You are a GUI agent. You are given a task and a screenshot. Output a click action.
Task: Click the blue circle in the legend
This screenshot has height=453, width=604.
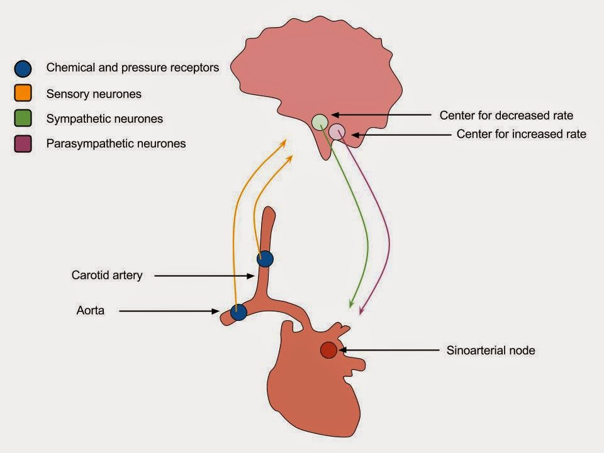click(x=23, y=68)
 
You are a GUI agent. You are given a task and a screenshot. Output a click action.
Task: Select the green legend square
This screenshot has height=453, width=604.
click(x=23, y=119)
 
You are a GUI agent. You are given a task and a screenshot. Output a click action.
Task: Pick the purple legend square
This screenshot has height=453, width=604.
click(x=23, y=143)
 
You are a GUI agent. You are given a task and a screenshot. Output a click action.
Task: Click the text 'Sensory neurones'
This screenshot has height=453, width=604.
click(x=94, y=94)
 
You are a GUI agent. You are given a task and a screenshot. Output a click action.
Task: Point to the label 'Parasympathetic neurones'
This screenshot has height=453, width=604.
click(x=116, y=143)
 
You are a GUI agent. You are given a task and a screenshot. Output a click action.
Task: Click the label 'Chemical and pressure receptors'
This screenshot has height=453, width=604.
click(x=133, y=67)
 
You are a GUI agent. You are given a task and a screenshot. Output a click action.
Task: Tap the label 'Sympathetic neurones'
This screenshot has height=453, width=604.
click(x=104, y=119)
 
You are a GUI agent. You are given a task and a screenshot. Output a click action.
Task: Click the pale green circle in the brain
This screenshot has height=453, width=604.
click(x=320, y=121)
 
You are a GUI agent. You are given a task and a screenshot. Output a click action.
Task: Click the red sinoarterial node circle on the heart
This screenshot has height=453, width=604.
click(x=328, y=350)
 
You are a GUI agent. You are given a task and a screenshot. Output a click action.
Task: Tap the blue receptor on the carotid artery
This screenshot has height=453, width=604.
click(x=266, y=259)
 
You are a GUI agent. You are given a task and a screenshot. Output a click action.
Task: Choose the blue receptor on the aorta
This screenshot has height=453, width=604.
click(x=238, y=312)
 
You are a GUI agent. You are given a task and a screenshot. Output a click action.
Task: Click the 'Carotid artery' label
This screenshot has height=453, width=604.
click(x=107, y=275)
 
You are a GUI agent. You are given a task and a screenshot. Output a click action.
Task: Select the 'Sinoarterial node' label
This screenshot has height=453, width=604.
click(x=491, y=350)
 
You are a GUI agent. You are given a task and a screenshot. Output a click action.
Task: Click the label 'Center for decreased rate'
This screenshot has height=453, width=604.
click(x=506, y=116)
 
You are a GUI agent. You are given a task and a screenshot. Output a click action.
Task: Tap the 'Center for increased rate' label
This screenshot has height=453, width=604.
click(x=521, y=134)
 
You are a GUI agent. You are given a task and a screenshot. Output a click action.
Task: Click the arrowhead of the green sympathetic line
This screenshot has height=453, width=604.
click(x=350, y=306)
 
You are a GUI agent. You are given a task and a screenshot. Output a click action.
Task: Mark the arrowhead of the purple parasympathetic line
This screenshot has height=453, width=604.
click(x=361, y=310)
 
